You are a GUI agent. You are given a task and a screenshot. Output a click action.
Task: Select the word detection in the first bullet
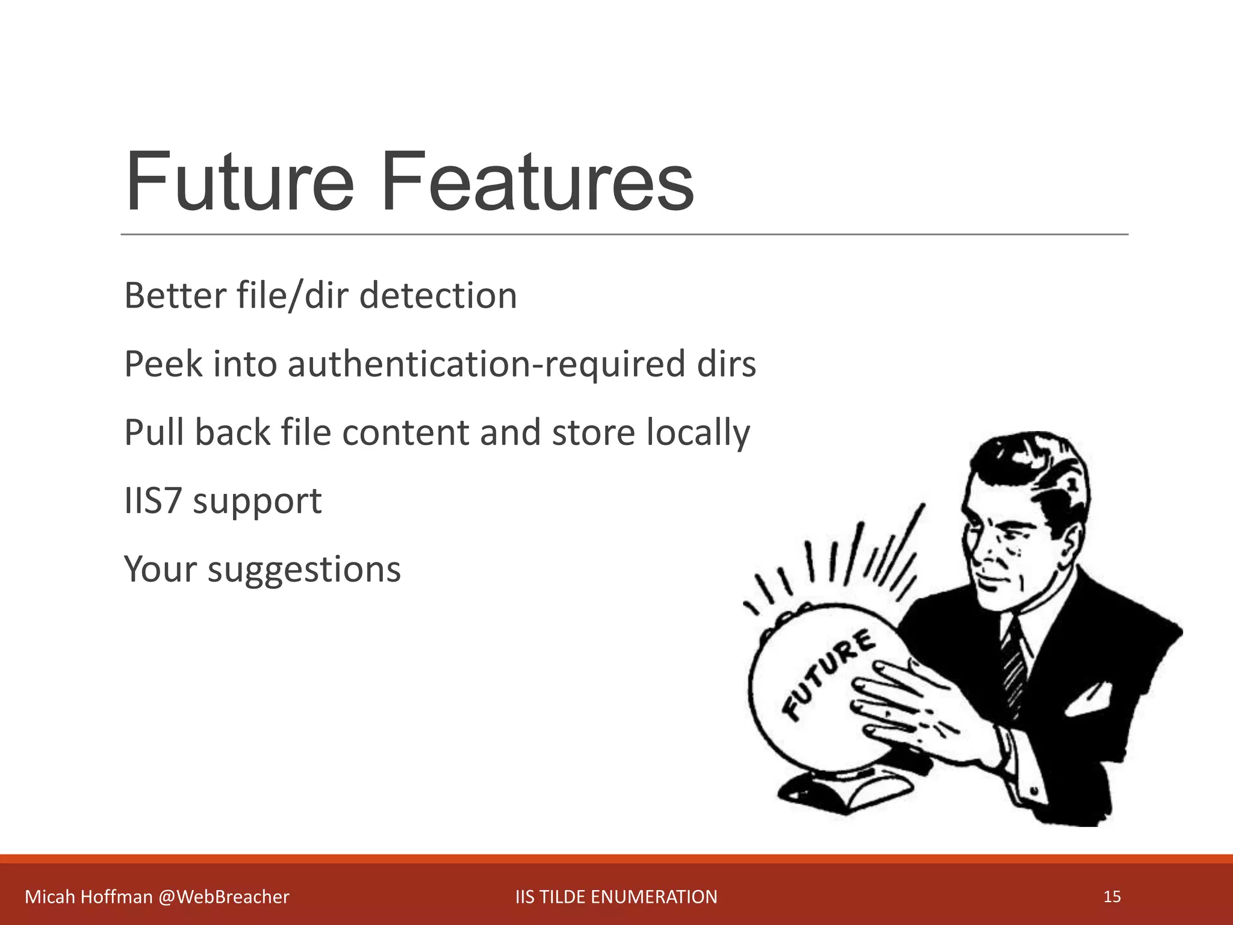tap(438, 296)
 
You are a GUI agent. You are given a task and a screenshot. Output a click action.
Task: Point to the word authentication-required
tap(486, 364)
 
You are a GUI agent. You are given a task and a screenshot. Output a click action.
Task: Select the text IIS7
tap(152, 500)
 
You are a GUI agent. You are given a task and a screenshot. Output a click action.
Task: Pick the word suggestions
tap(304, 570)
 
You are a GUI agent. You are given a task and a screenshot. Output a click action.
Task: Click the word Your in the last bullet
tap(160, 570)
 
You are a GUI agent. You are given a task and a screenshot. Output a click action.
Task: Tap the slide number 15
tap(1112, 897)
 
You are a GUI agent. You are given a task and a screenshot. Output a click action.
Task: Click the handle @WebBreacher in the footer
tap(224, 897)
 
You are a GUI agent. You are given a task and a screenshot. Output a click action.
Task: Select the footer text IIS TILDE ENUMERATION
tap(616, 897)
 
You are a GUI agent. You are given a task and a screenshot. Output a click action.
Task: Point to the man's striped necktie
tap(1014, 668)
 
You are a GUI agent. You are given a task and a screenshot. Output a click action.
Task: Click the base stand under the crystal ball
tap(843, 789)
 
